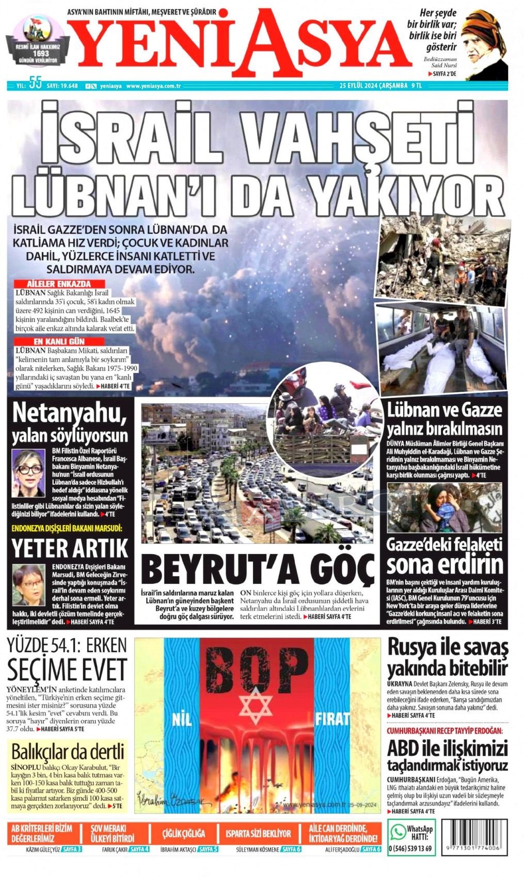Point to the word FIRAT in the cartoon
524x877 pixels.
coord(332,719)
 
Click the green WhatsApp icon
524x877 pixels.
coord(398,831)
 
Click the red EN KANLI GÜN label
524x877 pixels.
coord(58,342)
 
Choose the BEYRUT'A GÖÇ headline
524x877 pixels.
coord(257,569)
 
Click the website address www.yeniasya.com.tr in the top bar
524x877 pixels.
coord(153,86)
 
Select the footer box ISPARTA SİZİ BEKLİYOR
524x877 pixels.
coord(265,833)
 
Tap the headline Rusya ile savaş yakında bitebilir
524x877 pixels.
coord(447,657)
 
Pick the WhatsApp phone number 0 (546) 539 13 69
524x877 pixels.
coord(409,848)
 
